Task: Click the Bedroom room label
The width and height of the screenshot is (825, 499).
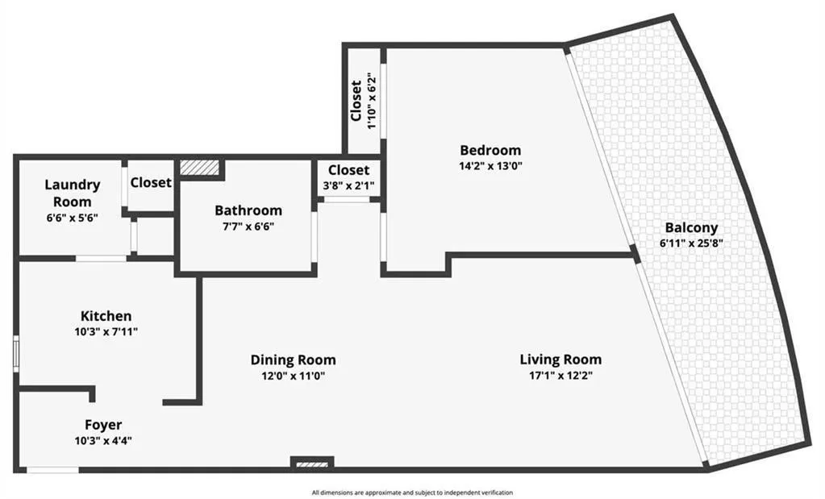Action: [x=490, y=150]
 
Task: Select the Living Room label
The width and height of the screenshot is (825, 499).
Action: [x=560, y=360]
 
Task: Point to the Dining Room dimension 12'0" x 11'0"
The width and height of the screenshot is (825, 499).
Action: [x=293, y=376]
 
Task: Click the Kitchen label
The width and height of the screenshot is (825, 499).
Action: [x=106, y=315]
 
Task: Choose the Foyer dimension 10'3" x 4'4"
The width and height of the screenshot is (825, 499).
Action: [x=103, y=441]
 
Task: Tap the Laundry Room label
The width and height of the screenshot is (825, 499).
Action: [x=73, y=193]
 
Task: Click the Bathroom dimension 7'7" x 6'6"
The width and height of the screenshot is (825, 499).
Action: [x=248, y=227]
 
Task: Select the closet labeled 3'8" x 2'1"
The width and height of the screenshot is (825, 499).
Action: [x=348, y=186]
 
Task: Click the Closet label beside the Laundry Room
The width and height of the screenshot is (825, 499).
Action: [x=151, y=182]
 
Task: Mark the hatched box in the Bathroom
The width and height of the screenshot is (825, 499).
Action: [x=194, y=166]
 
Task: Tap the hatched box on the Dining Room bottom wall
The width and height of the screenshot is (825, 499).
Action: [x=311, y=464]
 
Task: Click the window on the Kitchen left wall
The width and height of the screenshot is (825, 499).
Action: [x=16, y=354]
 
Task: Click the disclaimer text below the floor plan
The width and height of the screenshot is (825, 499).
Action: [x=412, y=492]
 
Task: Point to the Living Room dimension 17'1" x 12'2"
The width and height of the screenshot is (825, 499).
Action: [x=560, y=376]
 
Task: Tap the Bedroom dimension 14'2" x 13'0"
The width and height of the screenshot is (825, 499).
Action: [x=490, y=167]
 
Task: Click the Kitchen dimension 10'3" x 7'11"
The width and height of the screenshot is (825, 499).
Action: [x=106, y=331]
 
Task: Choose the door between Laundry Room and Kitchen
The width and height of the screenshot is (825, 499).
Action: [x=102, y=258]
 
